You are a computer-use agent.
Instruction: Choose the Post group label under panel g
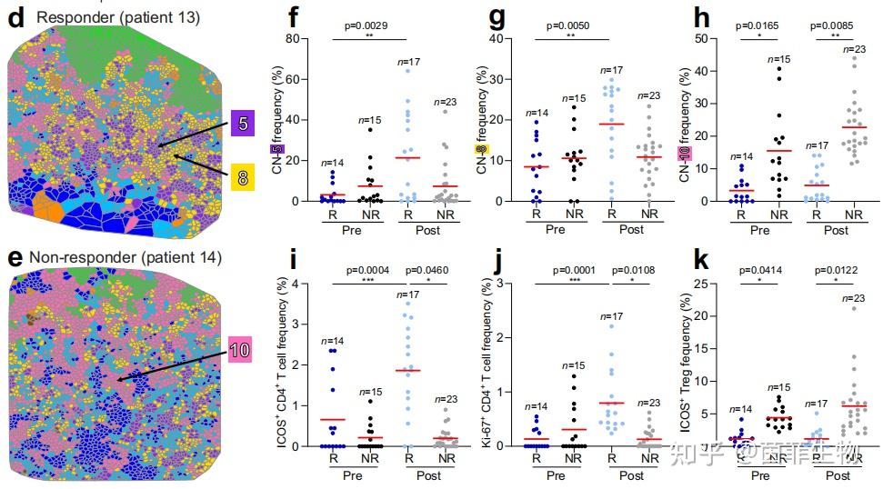tap(632, 230)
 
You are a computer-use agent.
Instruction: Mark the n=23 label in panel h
tap(841, 49)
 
